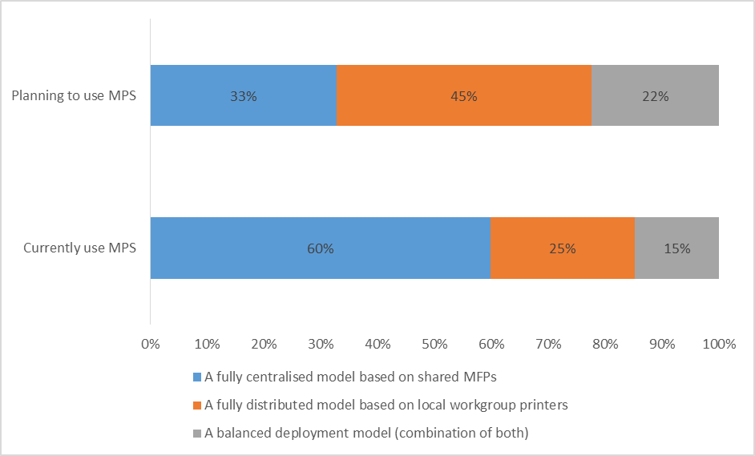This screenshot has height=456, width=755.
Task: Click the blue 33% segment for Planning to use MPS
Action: click(243, 95)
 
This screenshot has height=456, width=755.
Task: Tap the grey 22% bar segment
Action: click(655, 95)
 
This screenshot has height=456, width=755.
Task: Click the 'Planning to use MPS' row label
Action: click(74, 96)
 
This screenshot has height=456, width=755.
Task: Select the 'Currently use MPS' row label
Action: click(79, 248)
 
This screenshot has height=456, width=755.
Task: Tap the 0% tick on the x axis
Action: click(151, 344)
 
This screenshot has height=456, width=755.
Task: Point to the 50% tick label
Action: click(434, 344)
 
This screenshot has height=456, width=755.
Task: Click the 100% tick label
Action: click(718, 344)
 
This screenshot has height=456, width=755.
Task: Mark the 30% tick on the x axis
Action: click(321, 344)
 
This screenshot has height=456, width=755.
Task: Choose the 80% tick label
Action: click(605, 344)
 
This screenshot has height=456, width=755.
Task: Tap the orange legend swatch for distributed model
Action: click(198, 406)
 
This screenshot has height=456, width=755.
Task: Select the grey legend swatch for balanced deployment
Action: click(198, 434)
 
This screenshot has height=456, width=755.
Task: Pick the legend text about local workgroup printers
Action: click(386, 406)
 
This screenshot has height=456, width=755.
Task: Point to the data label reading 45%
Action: click(463, 96)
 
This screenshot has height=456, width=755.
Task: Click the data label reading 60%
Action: click(320, 248)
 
